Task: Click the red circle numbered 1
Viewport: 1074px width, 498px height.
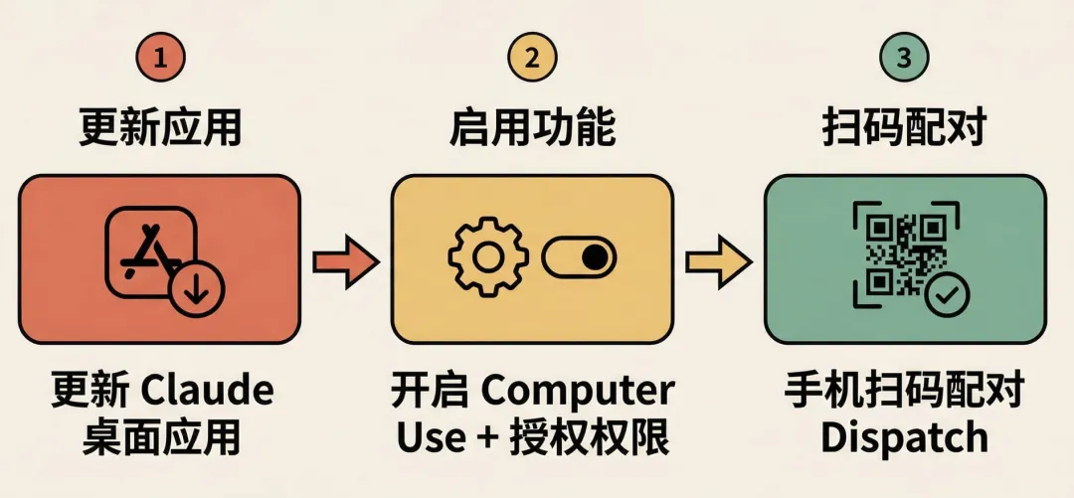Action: (160, 58)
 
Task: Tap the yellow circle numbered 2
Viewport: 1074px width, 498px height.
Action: (532, 58)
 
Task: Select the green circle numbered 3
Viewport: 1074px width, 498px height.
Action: (903, 58)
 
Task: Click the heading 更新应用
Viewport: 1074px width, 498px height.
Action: (160, 128)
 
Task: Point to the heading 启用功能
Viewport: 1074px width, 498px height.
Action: (532, 128)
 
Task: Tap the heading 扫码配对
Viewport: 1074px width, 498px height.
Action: (904, 128)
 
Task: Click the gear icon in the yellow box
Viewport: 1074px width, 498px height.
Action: (487, 257)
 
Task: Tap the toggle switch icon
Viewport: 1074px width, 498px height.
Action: (579, 257)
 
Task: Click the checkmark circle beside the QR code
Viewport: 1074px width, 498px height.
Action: (945, 295)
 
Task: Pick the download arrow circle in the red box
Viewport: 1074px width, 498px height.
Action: (196, 291)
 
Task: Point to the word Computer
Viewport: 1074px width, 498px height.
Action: (578, 391)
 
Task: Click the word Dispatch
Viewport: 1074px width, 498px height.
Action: (904, 437)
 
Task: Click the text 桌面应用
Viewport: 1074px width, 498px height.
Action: (160, 437)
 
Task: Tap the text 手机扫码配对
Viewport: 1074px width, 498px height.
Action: (904, 391)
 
